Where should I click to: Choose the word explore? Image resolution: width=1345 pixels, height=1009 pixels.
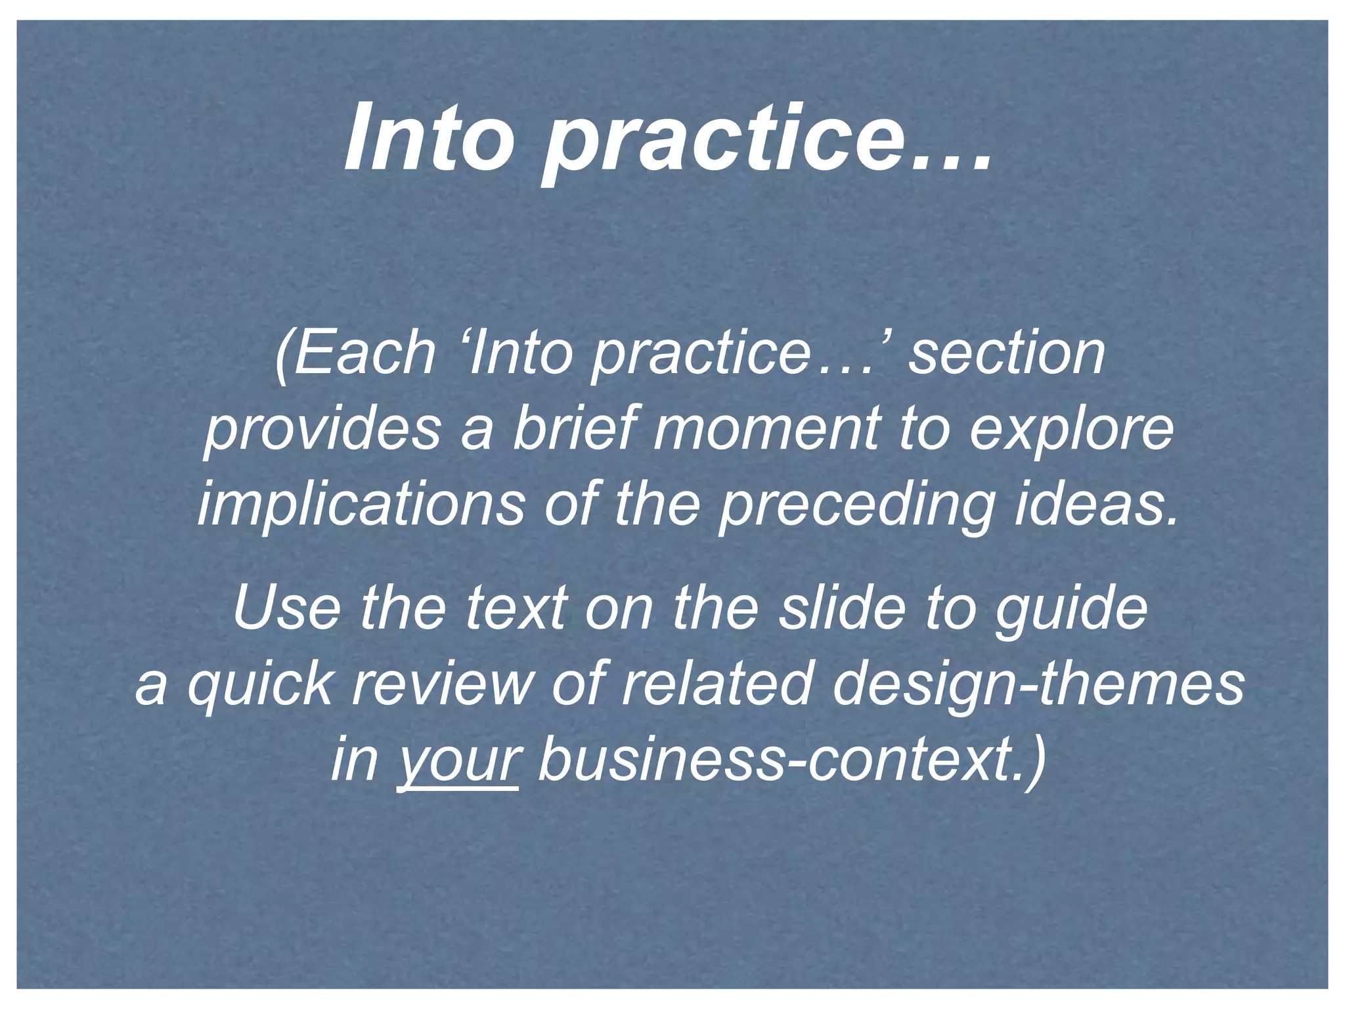[1071, 430]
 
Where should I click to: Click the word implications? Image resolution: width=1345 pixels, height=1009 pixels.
[361, 505]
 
